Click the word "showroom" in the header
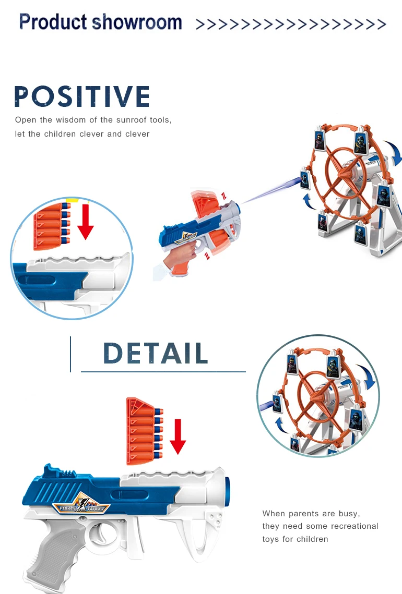click(137, 22)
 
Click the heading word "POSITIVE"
click(82, 97)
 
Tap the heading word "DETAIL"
click(156, 353)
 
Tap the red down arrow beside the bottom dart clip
click(178, 436)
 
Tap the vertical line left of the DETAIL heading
click(70, 354)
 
